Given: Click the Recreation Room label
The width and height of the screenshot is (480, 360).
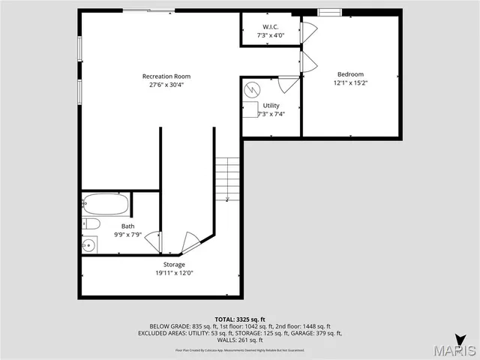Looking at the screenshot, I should tap(166, 76).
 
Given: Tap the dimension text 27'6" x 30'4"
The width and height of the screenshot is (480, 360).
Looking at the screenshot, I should tap(166, 84).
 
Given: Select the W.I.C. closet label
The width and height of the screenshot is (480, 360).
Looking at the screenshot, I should tap(270, 26).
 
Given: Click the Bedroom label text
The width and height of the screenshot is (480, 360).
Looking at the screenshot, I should tap(350, 74).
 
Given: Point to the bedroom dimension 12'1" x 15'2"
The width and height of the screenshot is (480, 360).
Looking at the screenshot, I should tap(350, 82).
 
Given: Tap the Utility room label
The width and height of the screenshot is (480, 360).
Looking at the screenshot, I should tap(271, 106).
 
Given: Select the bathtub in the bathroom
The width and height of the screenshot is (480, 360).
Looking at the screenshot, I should tap(105, 203).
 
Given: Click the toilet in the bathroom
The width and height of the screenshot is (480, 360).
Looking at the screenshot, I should tap(90, 223).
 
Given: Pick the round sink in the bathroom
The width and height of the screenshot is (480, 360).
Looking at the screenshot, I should tap(89, 244).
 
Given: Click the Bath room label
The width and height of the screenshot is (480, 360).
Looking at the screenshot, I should tap(128, 226).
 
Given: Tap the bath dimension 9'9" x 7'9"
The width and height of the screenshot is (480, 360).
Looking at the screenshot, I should tap(128, 234).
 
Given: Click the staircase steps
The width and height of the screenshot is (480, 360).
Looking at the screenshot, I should tap(227, 178).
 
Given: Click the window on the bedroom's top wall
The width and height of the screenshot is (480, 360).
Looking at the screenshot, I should tap(328, 11).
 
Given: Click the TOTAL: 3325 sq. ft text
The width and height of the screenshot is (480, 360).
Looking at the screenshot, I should tap(240, 319).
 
